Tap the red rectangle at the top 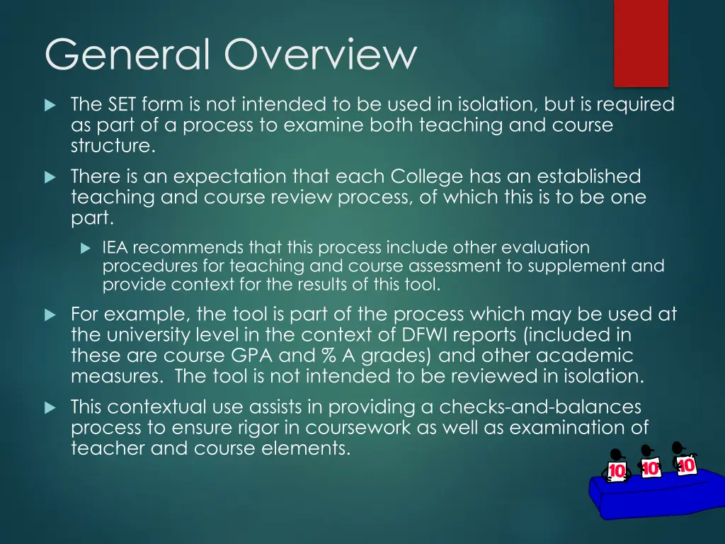coord(641,42)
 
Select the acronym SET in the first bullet coord(123,105)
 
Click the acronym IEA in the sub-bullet coord(115,248)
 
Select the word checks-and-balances coord(540,407)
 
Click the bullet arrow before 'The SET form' coord(50,106)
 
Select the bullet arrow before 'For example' coord(50,314)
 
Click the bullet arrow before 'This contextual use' coord(50,408)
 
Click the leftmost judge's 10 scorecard coord(617,471)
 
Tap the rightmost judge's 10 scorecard coord(686,465)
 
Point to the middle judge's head coord(646,450)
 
